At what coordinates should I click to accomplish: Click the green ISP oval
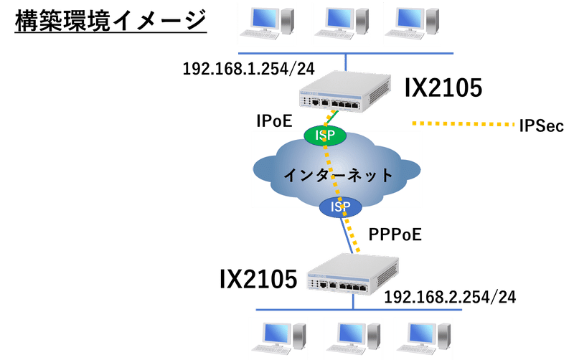[x=325, y=135]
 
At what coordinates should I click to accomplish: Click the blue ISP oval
[x=340, y=207]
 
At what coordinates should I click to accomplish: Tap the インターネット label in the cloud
[x=337, y=174]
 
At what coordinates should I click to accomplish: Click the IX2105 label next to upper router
[x=443, y=87]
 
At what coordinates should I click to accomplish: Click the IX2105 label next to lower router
[x=258, y=279]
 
